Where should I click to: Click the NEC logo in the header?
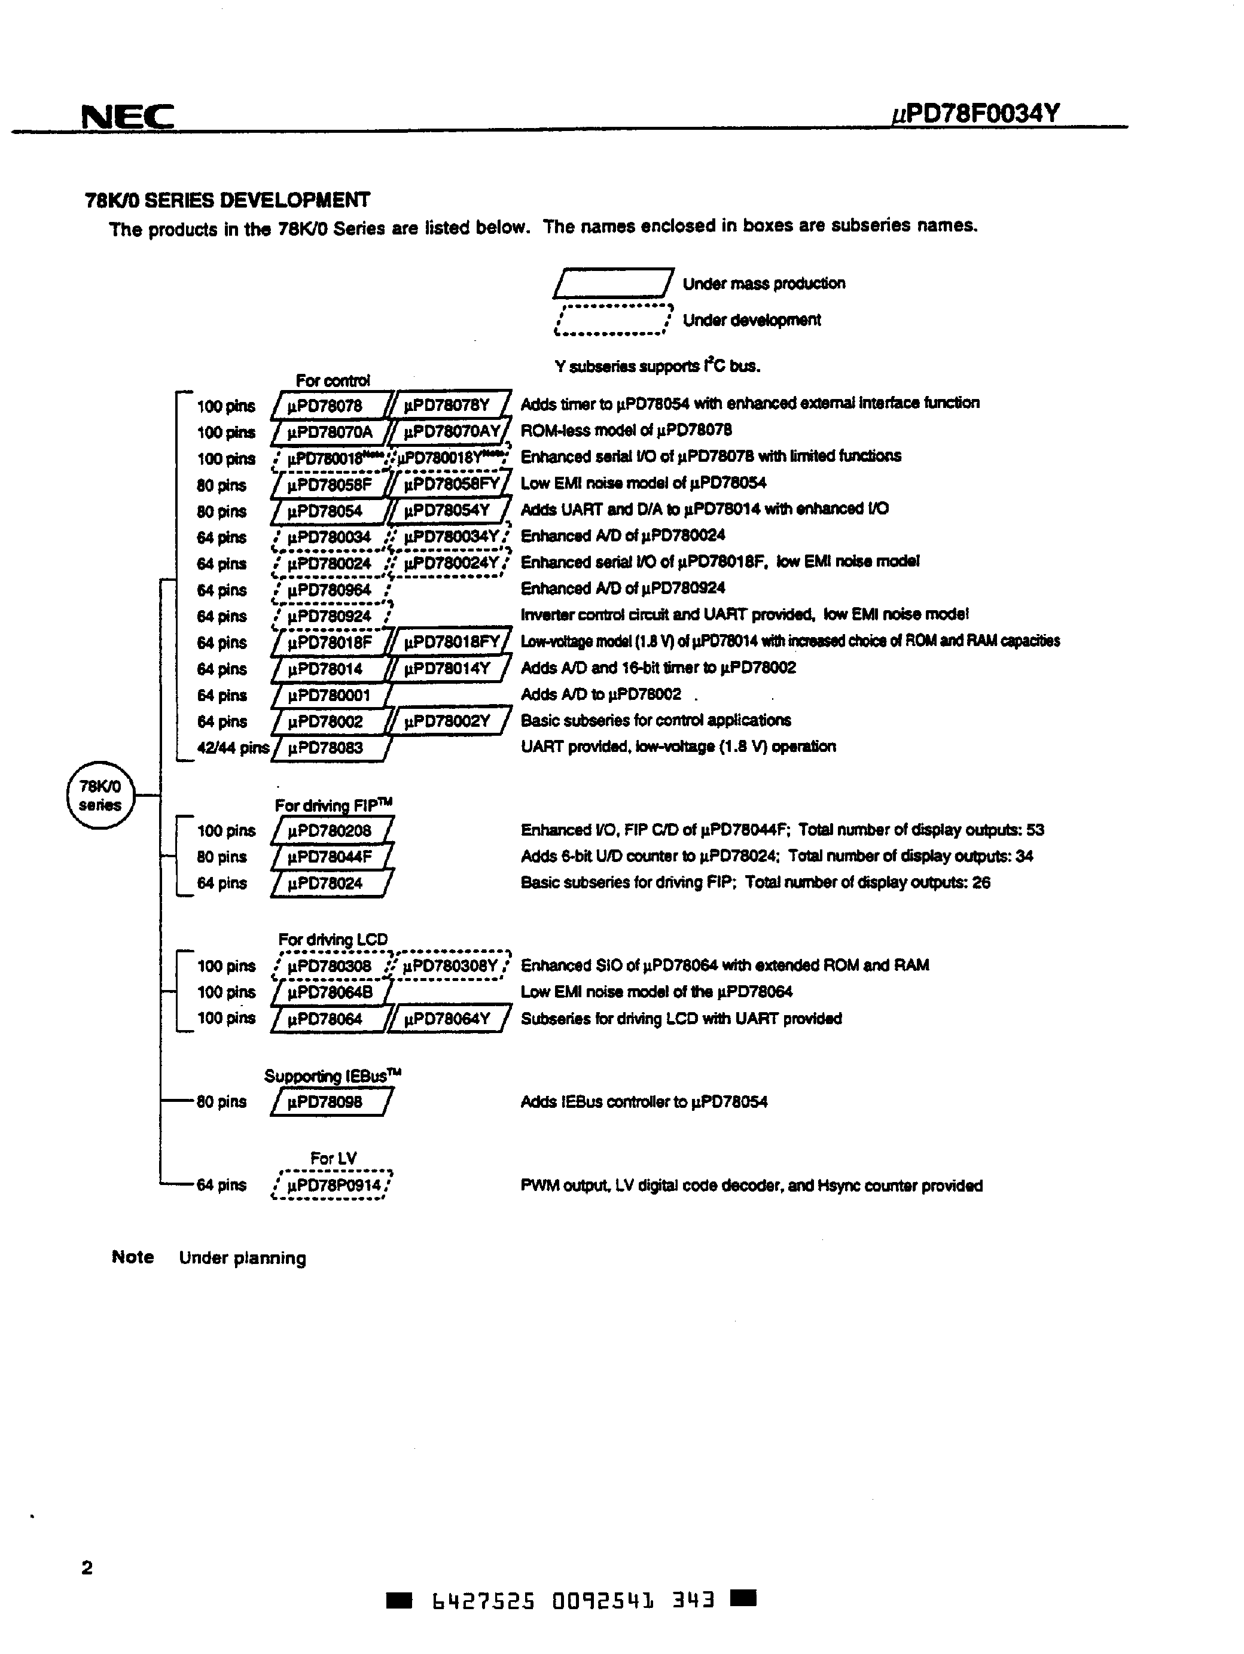pos(127,117)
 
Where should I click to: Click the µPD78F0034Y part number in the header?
pos(975,114)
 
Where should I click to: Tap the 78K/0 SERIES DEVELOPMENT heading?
pos(227,200)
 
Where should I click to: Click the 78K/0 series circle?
pos(100,796)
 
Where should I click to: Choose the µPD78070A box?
pos(330,432)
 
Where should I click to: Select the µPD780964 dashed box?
pos(330,590)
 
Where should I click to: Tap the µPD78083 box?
pos(330,748)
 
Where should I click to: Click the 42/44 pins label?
pos(233,748)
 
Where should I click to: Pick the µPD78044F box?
pos(330,857)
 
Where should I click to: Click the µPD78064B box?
pos(330,992)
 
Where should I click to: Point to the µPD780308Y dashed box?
pos(449,966)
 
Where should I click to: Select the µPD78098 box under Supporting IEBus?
pos(330,1102)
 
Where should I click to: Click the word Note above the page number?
pos(132,1257)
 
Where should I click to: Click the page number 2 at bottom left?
pos(87,1568)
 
